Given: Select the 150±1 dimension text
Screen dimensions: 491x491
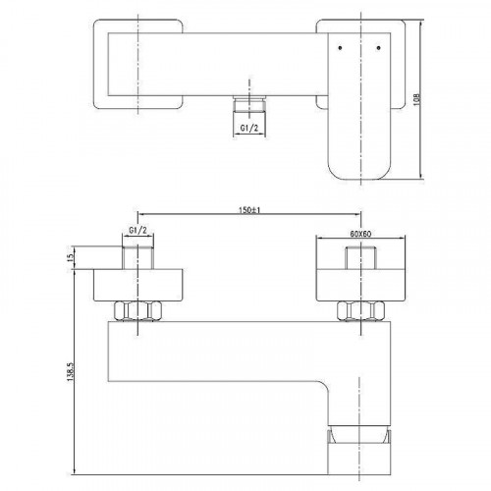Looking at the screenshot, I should tap(247, 209).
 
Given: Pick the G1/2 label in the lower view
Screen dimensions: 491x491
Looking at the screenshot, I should tap(138, 233).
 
